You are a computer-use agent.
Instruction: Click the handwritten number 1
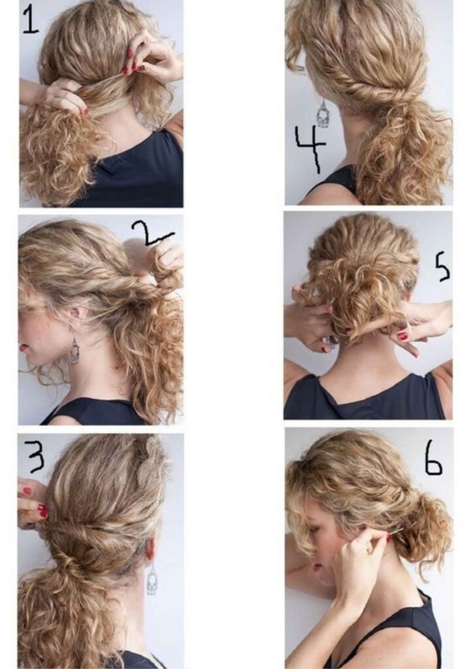(30, 20)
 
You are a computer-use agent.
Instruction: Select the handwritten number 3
(35, 456)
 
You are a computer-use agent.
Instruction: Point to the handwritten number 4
(309, 148)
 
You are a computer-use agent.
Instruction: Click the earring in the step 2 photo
(74, 351)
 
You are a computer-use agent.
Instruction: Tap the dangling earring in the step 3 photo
(152, 580)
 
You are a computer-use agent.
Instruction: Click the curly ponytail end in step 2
(157, 366)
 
